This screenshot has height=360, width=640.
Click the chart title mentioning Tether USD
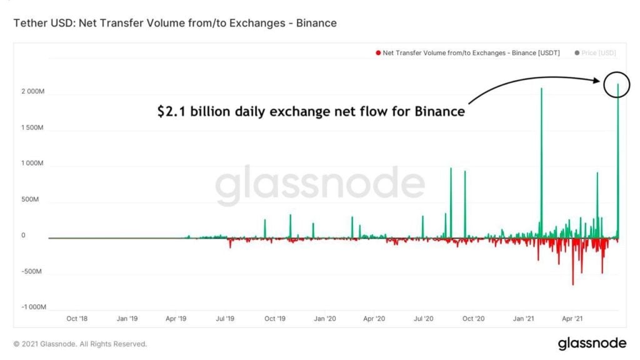175,23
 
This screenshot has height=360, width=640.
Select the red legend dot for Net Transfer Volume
378,53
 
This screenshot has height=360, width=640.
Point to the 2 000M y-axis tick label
32,91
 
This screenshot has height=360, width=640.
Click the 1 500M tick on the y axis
32,127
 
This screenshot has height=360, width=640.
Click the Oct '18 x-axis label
77,319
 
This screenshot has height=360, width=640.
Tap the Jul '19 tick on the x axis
226,319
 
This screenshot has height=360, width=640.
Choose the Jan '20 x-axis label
324,319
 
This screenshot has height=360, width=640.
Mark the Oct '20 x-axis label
473,319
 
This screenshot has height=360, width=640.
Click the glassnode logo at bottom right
591,343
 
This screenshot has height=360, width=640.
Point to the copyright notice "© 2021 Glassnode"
80,344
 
